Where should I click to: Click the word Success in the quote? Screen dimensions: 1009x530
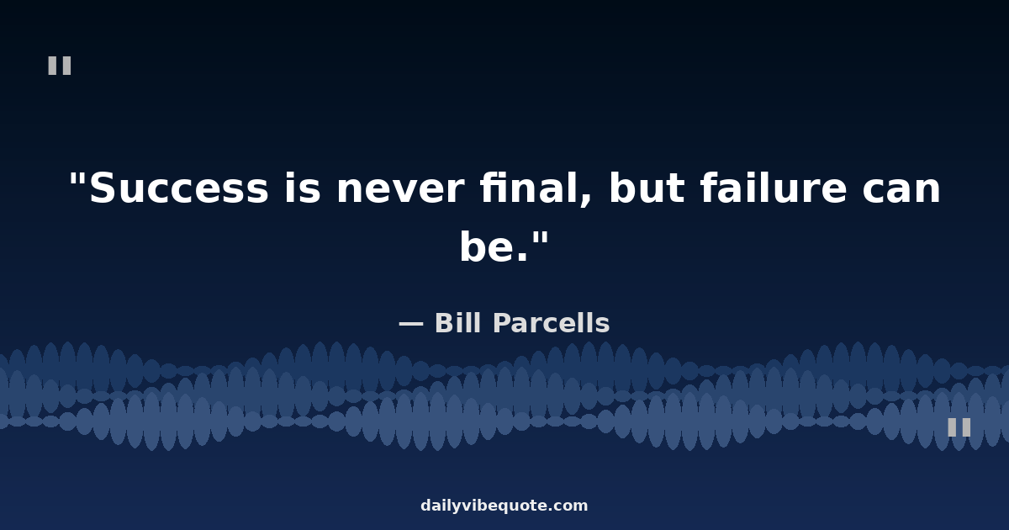179,188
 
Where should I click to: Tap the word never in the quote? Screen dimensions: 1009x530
400,189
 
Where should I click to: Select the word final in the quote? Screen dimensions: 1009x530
529,187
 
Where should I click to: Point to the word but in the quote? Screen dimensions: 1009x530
647,187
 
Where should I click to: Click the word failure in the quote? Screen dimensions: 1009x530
774,187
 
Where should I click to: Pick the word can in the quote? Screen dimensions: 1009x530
901,189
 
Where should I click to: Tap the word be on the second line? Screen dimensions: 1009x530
488,246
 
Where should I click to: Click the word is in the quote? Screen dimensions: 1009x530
302,188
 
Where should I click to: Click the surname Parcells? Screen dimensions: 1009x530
552,323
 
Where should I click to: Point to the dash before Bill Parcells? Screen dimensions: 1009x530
411,324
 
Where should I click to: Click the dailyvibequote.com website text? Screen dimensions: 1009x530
504,506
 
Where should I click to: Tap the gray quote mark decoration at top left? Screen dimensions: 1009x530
60,66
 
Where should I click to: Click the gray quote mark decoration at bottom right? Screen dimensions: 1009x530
959,427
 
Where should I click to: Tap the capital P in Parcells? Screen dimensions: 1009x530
503,323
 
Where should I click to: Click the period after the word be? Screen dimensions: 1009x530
522,257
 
